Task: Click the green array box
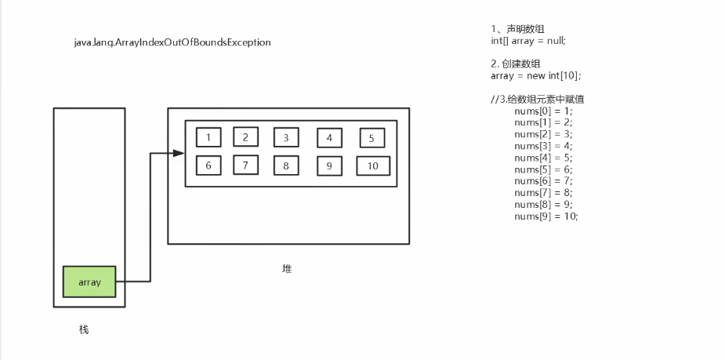(89, 282)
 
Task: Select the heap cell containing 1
(208, 138)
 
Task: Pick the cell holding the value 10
(372, 166)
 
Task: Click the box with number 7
(245, 165)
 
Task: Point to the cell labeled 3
(286, 138)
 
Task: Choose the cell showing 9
(329, 166)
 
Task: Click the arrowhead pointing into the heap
(179, 153)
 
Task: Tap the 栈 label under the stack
(84, 329)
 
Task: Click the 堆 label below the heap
(287, 268)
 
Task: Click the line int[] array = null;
(527, 40)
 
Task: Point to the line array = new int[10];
(535, 75)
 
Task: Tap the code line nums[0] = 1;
(543, 111)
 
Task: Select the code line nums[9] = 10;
(546, 216)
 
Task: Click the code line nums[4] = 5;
(543, 157)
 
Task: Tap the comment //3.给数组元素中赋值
(538, 99)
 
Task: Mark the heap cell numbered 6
(208, 165)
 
